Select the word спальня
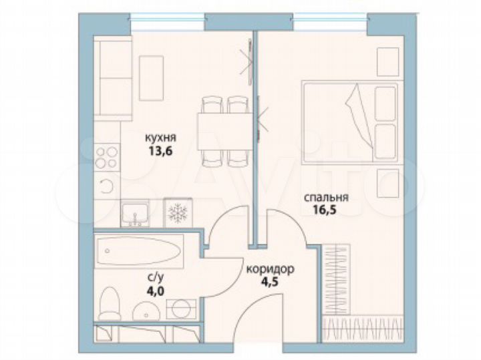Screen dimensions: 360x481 326,198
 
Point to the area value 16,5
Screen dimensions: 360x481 325,210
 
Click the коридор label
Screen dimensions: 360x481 270,270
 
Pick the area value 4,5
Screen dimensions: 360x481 270,281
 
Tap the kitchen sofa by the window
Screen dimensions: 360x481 107,73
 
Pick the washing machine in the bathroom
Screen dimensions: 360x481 180,309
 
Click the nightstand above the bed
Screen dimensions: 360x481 387,62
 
